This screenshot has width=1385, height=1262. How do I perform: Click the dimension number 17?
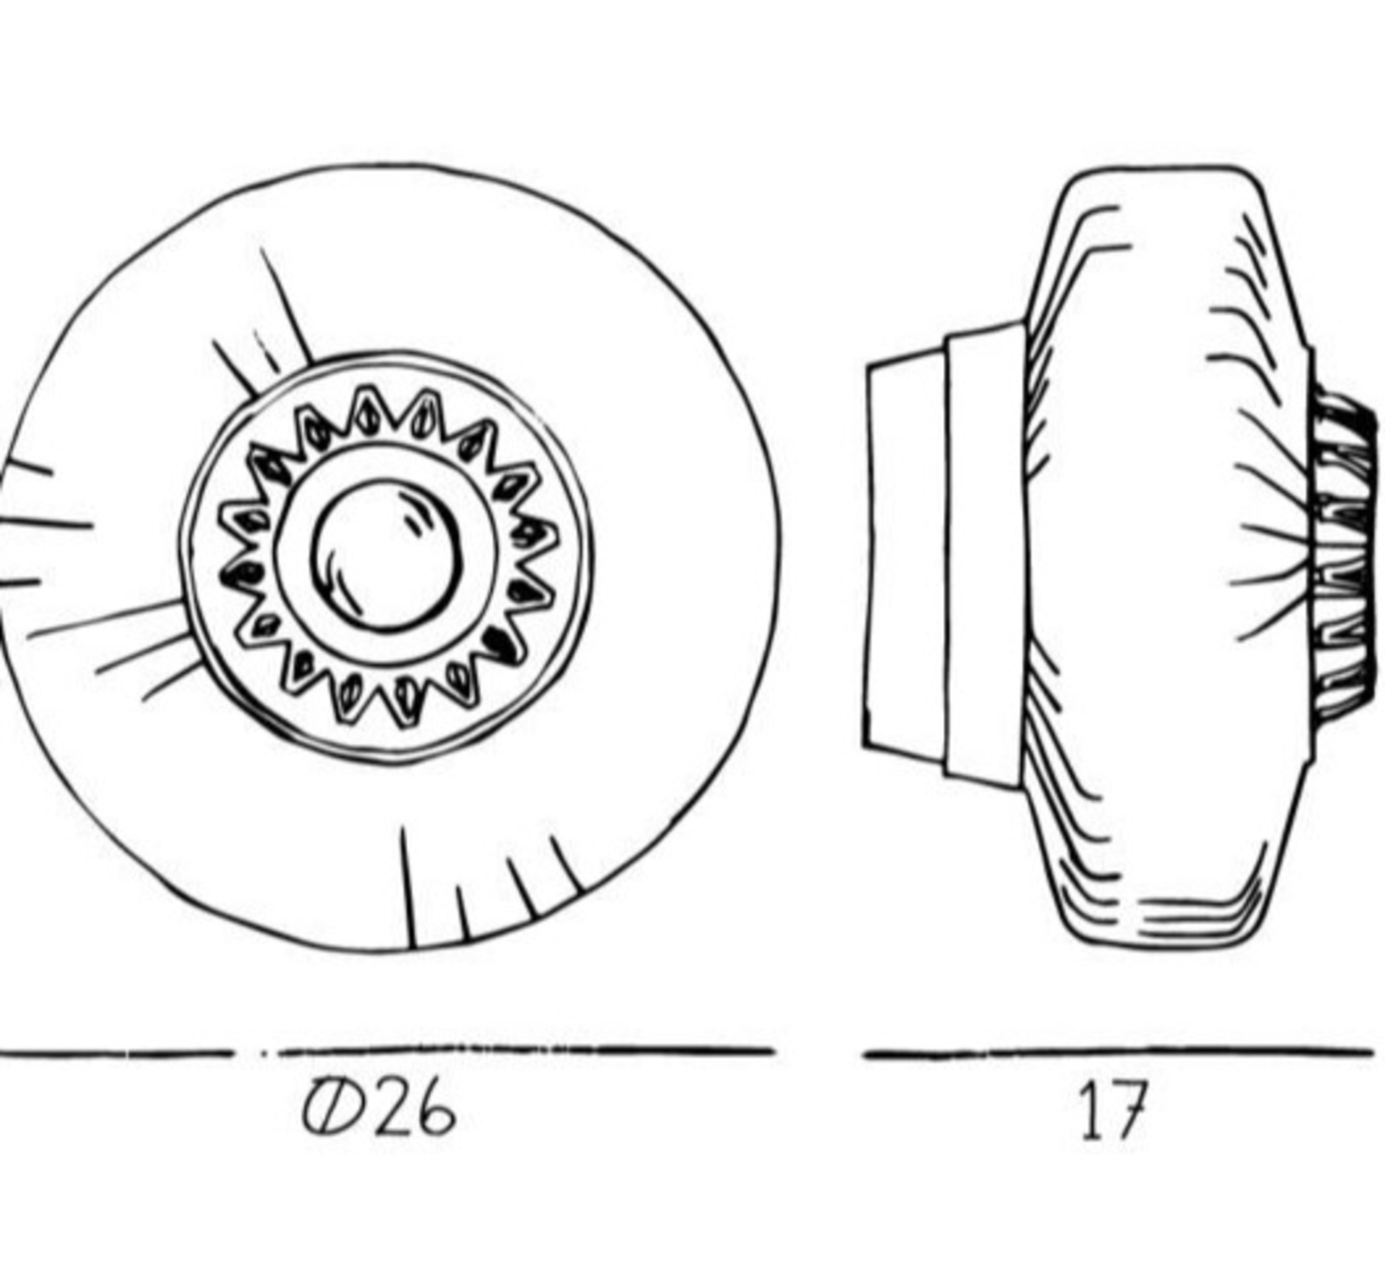click(x=1112, y=1111)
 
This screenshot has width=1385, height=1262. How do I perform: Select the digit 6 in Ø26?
click(x=434, y=1111)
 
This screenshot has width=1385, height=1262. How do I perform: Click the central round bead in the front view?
click(x=387, y=555)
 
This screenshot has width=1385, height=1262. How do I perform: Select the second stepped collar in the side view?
click(x=985, y=555)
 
